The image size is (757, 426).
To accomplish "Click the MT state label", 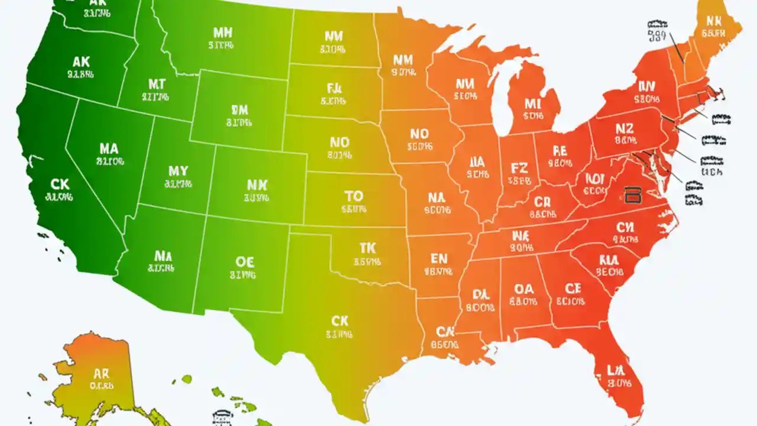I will point(157,85).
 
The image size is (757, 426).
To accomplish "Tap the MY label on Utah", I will point(178,171).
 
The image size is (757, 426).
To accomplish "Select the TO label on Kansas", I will point(354,196).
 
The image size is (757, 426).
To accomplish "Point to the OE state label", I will point(244,262).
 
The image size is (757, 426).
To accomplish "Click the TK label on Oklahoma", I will point(367,248).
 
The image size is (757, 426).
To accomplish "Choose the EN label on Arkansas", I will point(439,259).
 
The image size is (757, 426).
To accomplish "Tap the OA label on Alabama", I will point(523,289).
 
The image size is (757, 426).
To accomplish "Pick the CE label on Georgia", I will point(572,289).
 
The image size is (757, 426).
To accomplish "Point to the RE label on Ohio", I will point(559,151).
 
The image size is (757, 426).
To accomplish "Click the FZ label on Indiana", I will point(518,169).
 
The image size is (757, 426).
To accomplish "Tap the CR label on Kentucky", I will point(542,203).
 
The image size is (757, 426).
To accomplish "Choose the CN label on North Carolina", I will point(625,227).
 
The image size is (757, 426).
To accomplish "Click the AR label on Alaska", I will point(102,374).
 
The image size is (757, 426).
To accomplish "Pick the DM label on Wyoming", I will point(239,110).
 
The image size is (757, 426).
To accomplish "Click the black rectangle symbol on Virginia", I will point(632,195).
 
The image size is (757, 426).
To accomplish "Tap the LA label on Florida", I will point(616,371).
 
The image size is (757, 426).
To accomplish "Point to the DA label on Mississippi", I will point(480,294).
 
